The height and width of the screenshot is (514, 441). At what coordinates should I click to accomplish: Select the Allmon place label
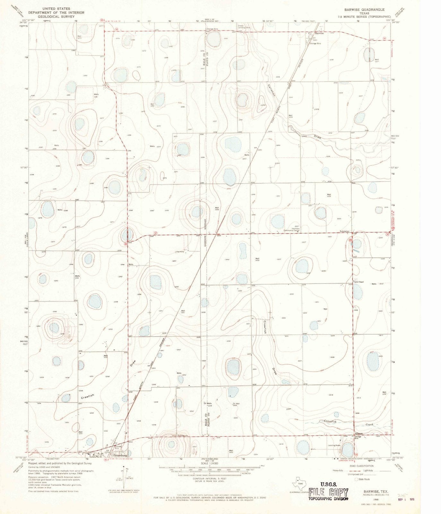coord(359,434)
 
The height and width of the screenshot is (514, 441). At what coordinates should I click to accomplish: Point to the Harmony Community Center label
coord(291,229)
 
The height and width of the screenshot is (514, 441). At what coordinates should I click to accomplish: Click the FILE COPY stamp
coord(328,492)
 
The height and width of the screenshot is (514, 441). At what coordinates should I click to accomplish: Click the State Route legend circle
coord(356,479)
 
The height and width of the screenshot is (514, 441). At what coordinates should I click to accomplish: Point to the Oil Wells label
coord(208,403)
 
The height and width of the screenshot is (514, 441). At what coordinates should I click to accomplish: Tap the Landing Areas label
coord(334,445)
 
